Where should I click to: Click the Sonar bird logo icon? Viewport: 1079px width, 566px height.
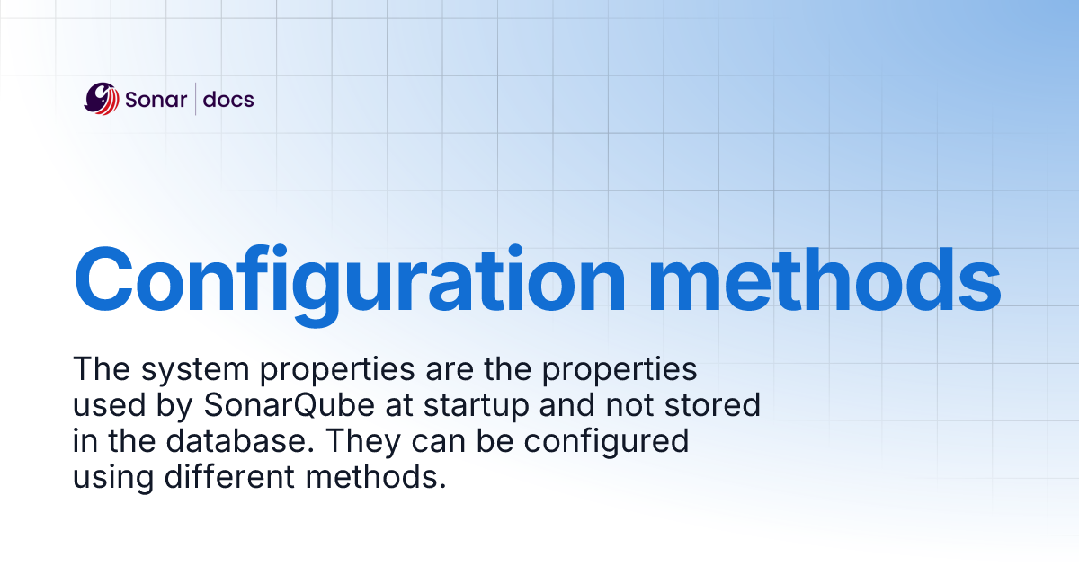coord(102,99)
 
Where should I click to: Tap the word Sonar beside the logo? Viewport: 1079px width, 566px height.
coord(156,99)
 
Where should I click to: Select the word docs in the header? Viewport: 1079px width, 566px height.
coord(228,99)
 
